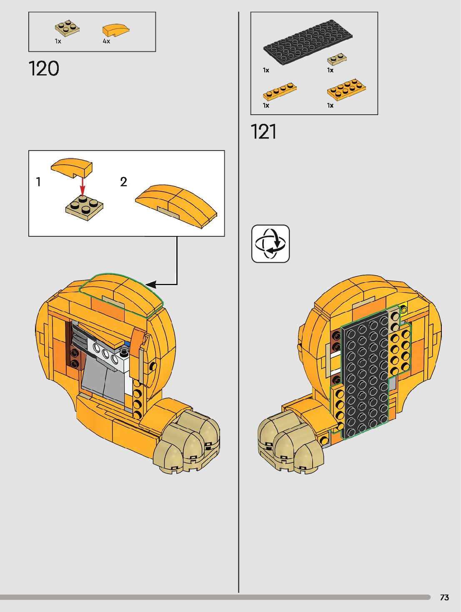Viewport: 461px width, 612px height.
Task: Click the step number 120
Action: click(x=44, y=68)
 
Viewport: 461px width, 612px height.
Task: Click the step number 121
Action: click(x=263, y=132)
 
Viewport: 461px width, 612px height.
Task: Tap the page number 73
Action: click(x=444, y=597)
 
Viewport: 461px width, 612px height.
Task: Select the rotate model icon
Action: click(x=271, y=244)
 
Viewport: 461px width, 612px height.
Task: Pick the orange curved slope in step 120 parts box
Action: click(x=115, y=30)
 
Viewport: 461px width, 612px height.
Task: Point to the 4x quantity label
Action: click(x=106, y=41)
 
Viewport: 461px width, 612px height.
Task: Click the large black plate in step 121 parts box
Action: click(x=308, y=42)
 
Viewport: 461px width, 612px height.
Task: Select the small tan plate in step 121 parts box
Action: click(x=337, y=59)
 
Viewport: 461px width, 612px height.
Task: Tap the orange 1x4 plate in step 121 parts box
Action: click(x=280, y=91)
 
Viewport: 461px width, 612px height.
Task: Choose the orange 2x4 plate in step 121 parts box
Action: click(x=346, y=89)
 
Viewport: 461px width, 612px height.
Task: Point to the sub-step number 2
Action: click(x=123, y=182)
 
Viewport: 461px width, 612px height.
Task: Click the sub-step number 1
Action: click(x=38, y=182)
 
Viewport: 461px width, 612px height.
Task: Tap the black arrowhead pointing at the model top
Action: click(x=151, y=285)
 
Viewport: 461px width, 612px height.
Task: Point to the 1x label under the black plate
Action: click(x=266, y=70)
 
